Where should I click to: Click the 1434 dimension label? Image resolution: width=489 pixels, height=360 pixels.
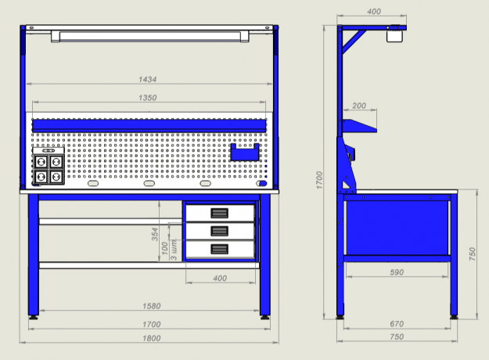(x=147, y=79)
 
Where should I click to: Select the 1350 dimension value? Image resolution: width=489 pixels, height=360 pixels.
(x=147, y=98)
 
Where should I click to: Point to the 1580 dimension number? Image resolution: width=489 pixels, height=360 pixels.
(x=152, y=306)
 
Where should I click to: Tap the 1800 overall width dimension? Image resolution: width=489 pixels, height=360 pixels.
(x=152, y=338)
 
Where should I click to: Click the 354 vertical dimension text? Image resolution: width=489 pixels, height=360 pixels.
(x=155, y=234)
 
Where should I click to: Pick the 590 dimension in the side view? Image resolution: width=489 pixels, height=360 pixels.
(x=397, y=272)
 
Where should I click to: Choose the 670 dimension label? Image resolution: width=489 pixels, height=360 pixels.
(x=397, y=324)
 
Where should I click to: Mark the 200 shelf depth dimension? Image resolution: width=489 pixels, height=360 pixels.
(x=359, y=106)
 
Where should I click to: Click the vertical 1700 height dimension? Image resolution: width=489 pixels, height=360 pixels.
(x=319, y=180)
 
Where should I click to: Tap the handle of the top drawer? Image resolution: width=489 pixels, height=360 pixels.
(x=220, y=213)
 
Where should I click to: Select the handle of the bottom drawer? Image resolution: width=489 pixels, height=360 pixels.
(x=220, y=249)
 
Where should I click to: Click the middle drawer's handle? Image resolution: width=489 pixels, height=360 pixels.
(x=220, y=231)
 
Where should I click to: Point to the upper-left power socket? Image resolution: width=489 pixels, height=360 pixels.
(x=41, y=162)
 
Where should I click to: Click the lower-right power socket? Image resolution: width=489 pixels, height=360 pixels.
(x=56, y=177)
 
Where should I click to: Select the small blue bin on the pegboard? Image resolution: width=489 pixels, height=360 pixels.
(x=245, y=153)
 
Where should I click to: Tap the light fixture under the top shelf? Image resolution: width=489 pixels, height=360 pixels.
(x=150, y=36)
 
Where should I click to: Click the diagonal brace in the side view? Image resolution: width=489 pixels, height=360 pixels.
(x=354, y=41)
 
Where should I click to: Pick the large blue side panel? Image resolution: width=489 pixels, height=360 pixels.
(x=397, y=228)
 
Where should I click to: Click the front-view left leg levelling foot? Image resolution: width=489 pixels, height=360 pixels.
(x=34, y=318)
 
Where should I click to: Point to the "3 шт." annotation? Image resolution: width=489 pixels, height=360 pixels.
(x=174, y=250)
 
